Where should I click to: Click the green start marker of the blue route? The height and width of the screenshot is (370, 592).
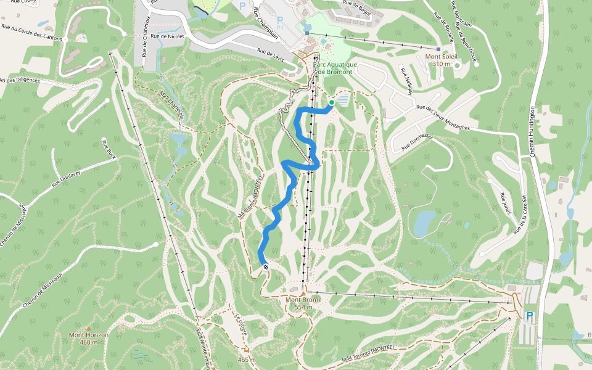332,102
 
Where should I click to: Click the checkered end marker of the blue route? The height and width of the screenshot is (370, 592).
266,266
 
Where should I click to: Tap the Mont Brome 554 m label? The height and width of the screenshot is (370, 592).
303,303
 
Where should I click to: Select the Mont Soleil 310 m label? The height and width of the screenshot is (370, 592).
442,60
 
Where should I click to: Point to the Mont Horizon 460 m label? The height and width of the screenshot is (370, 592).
89,338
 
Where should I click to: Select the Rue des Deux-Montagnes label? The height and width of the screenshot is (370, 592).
443,118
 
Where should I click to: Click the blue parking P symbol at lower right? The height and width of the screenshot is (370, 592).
529,316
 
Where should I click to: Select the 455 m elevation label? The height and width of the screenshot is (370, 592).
247,360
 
